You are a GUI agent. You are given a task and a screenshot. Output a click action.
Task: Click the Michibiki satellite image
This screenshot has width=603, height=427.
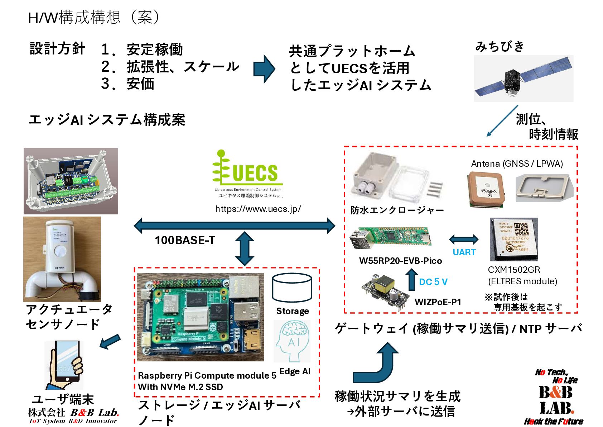[x=523, y=79]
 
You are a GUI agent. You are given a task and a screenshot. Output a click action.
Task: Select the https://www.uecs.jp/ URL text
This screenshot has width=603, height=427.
[x=258, y=209]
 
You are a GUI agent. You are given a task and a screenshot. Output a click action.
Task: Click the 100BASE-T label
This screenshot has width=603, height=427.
[x=184, y=240]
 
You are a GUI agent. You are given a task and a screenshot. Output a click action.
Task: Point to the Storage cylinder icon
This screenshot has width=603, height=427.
[x=292, y=288]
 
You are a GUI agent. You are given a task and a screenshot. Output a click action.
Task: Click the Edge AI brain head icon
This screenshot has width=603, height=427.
[x=292, y=341]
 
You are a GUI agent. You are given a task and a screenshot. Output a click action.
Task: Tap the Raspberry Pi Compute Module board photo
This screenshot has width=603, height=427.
[x=200, y=317]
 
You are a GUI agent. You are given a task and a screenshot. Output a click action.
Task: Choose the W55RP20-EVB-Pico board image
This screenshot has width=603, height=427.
[x=391, y=237]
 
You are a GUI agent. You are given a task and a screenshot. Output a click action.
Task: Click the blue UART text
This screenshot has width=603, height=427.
[x=464, y=252]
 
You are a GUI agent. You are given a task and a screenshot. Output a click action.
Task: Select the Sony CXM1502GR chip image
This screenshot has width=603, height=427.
[x=514, y=239]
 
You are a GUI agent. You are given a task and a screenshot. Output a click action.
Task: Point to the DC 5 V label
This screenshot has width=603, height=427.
[x=433, y=282]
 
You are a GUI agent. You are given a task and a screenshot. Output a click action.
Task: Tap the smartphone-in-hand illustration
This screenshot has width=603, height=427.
[x=64, y=365]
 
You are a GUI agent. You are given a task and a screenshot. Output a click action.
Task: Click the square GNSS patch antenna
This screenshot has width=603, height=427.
[x=486, y=190]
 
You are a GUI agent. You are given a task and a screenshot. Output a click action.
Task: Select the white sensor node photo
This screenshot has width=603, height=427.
[x=62, y=259]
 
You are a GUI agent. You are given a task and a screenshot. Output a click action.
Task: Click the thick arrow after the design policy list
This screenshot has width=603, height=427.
[x=264, y=69]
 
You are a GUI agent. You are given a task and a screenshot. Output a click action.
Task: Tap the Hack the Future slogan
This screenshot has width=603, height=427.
[x=553, y=421]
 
